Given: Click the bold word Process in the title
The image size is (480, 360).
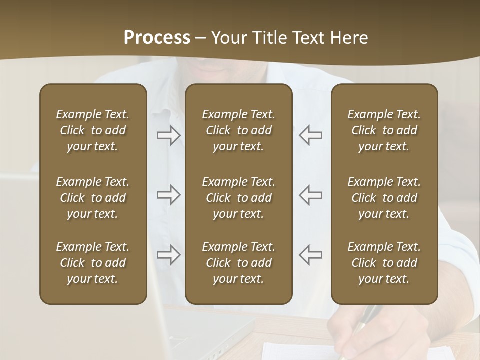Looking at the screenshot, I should pyautogui.click(x=157, y=38).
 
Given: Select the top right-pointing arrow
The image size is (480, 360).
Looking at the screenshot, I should pyautogui.click(x=168, y=135).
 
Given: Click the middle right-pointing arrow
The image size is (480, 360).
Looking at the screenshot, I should pyautogui.click(x=168, y=195).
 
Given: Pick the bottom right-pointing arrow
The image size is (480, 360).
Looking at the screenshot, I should pyautogui.click(x=168, y=254).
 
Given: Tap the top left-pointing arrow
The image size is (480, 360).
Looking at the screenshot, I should pyautogui.click(x=311, y=135).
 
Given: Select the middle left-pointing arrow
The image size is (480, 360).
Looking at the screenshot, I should pyautogui.click(x=311, y=195).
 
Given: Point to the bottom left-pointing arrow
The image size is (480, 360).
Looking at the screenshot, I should pyautogui.click(x=311, y=254).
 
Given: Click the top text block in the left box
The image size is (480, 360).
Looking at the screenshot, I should pyautogui.click(x=93, y=130).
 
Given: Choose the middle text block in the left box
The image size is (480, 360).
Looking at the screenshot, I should pyautogui.click(x=93, y=198).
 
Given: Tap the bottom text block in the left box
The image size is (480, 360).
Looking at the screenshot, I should pyautogui.click(x=93, y=263).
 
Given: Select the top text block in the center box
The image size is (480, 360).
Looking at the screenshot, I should pyautogui.click(x=238, y=130).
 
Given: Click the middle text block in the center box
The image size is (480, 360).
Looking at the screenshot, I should pyautogui.click(x=238, y=198).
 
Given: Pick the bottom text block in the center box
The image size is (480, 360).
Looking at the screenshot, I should pyautogui.click(x=238, y=263).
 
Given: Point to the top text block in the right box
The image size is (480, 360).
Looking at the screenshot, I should pyautogui.click(x=384, y=130).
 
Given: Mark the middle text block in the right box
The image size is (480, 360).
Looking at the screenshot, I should pyautogui.click(x=384, y=198).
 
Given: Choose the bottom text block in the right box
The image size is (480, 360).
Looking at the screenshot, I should pyautogui.click(x=384, y=263).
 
